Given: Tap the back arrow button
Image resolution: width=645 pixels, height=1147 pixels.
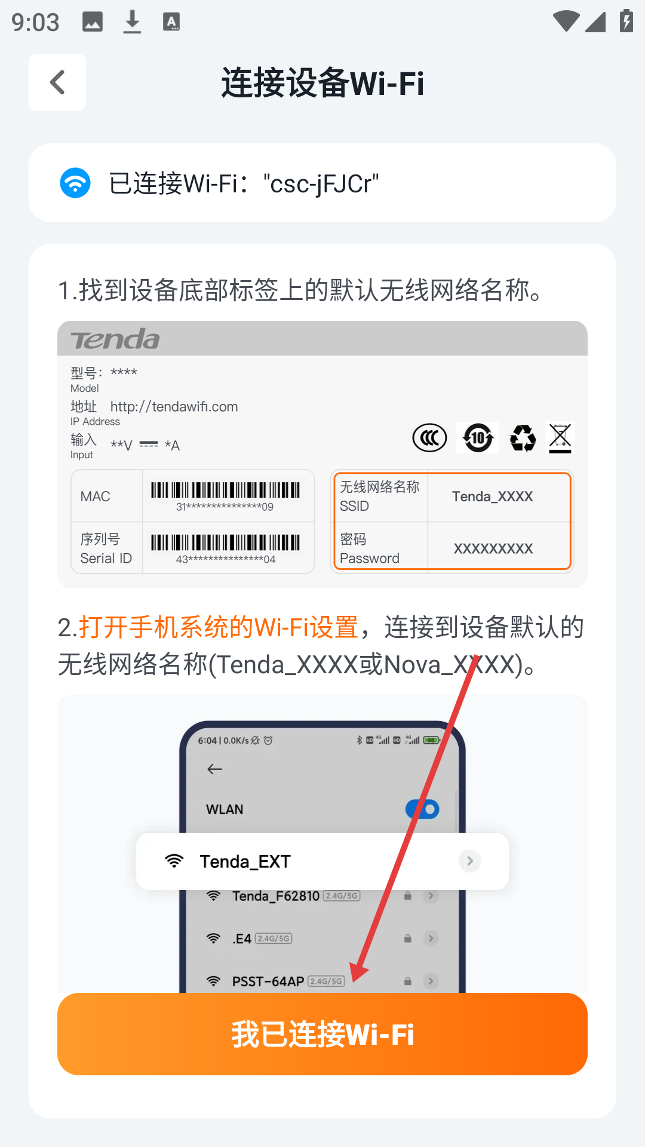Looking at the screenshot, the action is tap(57, 82).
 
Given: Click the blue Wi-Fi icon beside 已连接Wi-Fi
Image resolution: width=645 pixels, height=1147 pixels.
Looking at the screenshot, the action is tap(75, 183).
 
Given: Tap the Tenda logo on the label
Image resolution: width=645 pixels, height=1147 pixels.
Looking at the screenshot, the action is tap(115, 339).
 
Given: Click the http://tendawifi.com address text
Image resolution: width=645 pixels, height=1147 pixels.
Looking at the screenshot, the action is tap(174, 407).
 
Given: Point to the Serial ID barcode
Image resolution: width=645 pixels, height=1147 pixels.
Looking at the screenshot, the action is tap(225, 542).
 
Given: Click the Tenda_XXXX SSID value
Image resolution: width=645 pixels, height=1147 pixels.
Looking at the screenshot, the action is tap(493, 496).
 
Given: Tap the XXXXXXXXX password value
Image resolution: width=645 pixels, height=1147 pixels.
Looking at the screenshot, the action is tap(493, 548).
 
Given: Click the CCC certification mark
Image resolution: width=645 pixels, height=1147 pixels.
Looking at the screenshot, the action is tap(429, 438).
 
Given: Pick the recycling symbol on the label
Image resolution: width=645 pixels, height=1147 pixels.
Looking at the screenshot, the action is tap(523, 438).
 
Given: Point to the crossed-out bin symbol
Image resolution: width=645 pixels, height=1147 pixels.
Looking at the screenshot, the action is tap(560, 438).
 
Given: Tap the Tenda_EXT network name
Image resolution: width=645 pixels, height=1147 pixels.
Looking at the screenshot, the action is tap(245, 861).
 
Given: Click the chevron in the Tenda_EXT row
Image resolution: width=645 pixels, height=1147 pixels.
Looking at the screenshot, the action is tap(470, 861).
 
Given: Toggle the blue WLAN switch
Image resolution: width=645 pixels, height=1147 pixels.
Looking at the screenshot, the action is tap(422, 809).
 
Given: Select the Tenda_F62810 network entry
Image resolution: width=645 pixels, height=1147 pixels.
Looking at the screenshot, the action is tap(276, 896).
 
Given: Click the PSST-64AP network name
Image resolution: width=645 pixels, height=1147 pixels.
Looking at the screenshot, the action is tap(268, 981).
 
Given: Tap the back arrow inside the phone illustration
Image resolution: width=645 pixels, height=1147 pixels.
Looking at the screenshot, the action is tap(215, 769).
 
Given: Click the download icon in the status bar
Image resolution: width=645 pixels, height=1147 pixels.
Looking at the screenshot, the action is tap(132, 22).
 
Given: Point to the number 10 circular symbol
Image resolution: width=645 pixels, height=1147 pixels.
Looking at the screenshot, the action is tap(478, 438).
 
